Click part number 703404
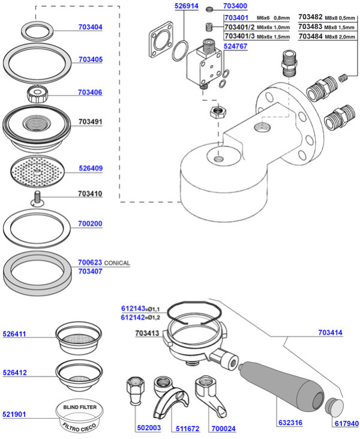pos(91,27)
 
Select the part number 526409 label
pos(91,168)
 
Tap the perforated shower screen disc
pos(37,171)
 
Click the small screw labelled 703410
pos(37,199)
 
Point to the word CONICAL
pos(117,263)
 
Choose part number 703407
pos(91,271)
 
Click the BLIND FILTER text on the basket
pos(80,407)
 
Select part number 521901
pos(14,414)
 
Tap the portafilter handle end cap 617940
pos(334,406)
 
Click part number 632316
pos(290,422)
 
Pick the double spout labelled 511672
pos(170,397)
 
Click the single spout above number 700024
pos(211,396)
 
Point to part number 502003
pos(149,428)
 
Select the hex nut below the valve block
pos(218,112)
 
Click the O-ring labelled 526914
pos(180,51)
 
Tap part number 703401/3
pos(240,37)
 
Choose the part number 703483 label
pos(310,26)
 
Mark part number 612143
pos(133,309)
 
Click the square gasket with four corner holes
pos(161,40)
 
